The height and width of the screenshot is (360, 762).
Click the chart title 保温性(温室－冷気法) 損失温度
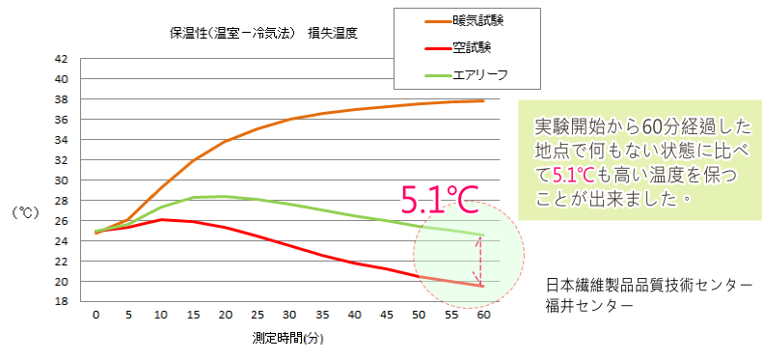(x=263, y=33)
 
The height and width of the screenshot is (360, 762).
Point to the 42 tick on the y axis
(x=61, y=58)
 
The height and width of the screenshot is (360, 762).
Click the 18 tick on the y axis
(x=61, y=301)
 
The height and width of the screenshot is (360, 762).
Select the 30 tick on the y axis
(x=61, y=180)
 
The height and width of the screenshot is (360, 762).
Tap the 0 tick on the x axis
(x=95, y=315)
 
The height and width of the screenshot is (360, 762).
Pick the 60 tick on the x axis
(x=482, y=315)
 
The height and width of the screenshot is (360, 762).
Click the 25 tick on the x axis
(x=257, y=315)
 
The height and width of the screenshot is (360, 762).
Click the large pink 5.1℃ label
(x=440, y=200)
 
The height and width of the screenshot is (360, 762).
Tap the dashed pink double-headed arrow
(x=476, y=260)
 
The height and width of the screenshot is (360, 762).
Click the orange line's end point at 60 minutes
(x=482, y=100)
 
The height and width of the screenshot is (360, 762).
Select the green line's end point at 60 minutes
(x=482, y=235)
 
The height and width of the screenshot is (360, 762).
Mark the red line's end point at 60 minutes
(x=482, y=286)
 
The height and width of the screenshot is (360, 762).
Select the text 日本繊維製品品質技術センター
(x=648, y=285)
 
